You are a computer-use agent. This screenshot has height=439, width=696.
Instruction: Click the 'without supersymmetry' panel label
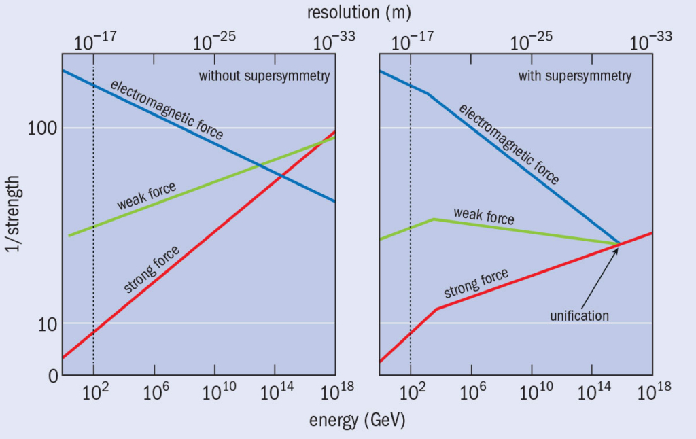coord(264,76)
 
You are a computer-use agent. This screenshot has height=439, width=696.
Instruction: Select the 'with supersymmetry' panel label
coord(574,76)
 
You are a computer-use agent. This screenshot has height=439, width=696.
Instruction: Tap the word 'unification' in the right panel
coord(579,315)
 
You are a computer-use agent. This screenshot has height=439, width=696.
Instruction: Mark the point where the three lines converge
coord(619,243)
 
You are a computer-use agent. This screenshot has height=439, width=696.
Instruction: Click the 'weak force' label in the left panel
coord(146,196)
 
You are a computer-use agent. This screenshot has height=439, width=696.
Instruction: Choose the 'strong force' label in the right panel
coord(476,283)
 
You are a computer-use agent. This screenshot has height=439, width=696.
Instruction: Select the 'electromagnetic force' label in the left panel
coord(167,109)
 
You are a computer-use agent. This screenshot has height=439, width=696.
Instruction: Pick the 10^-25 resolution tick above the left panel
coord(215,43)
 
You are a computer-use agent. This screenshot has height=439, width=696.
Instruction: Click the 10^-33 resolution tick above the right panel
coord(651,43)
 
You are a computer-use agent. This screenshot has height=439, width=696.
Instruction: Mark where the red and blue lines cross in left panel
coord(281,176)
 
